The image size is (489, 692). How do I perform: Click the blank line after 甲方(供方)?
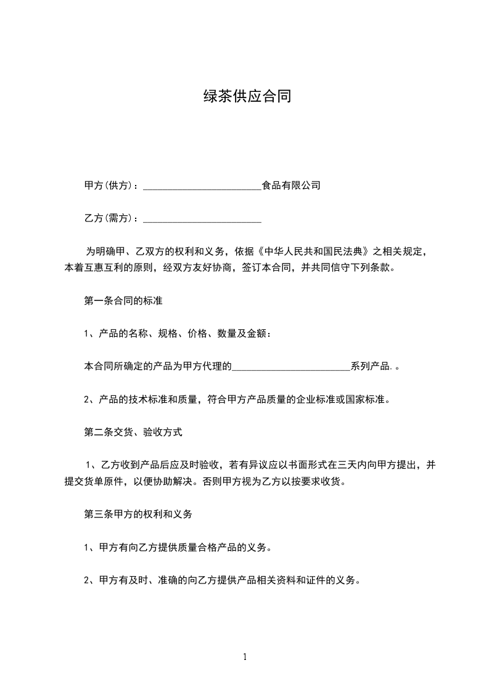[202, 186]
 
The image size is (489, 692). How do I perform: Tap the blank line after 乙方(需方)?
[202, 218]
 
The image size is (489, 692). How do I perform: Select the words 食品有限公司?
[291, 185]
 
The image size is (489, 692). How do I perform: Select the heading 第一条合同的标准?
[123, 301]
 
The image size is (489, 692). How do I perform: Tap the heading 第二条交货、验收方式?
[133, 432]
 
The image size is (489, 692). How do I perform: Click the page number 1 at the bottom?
[245, 657]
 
